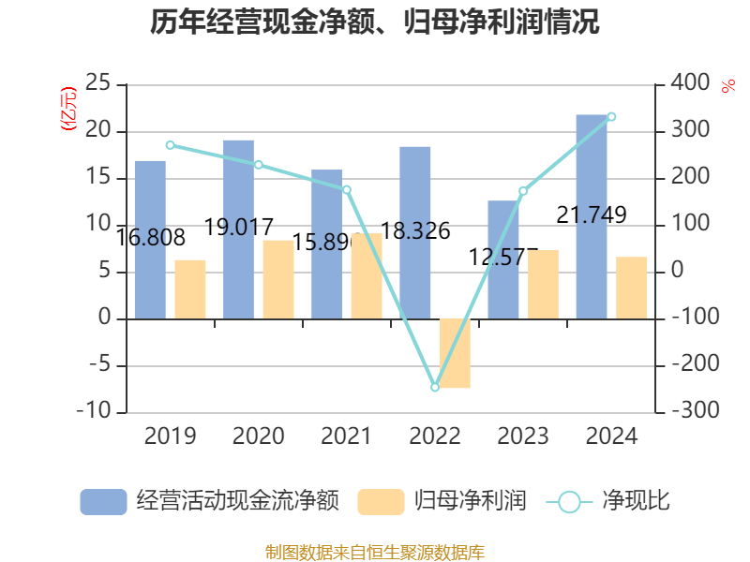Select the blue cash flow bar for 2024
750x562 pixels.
coord(592,216)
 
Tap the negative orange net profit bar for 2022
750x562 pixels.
coord(455,353)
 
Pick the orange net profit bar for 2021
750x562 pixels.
coord(367,276)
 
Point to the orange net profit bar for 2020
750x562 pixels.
coord(278,279)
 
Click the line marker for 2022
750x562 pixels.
coord(435,387)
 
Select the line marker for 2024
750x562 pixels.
coord(611,117)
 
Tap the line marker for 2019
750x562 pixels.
coord(170,145)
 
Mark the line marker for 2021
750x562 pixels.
coord(347,190)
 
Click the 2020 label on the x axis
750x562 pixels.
coord(258,436)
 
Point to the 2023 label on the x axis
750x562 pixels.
coord(523,436)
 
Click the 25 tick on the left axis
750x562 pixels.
coord(97,84)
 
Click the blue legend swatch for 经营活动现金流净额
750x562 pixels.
coord(103,502)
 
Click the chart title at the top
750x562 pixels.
coord(375,22)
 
